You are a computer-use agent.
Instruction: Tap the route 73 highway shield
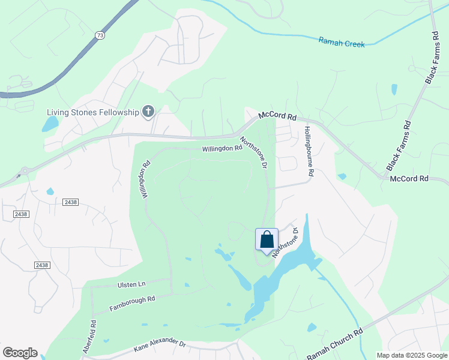[x=100, y=36]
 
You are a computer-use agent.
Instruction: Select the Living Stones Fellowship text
[x=93, y=112]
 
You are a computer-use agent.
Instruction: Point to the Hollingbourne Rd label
[x=309, y=151]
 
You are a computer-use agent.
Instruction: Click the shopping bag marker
[x=267, y=239]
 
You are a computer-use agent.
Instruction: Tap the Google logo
[x=20, y=352]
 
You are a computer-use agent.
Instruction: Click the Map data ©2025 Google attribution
[x=412, y=355]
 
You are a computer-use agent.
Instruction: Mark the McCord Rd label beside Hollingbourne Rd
[x=278, y=116]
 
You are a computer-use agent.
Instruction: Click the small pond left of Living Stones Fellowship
[x=50, y=124]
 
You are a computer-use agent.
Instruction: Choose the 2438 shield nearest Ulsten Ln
[x=42, y=265]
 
